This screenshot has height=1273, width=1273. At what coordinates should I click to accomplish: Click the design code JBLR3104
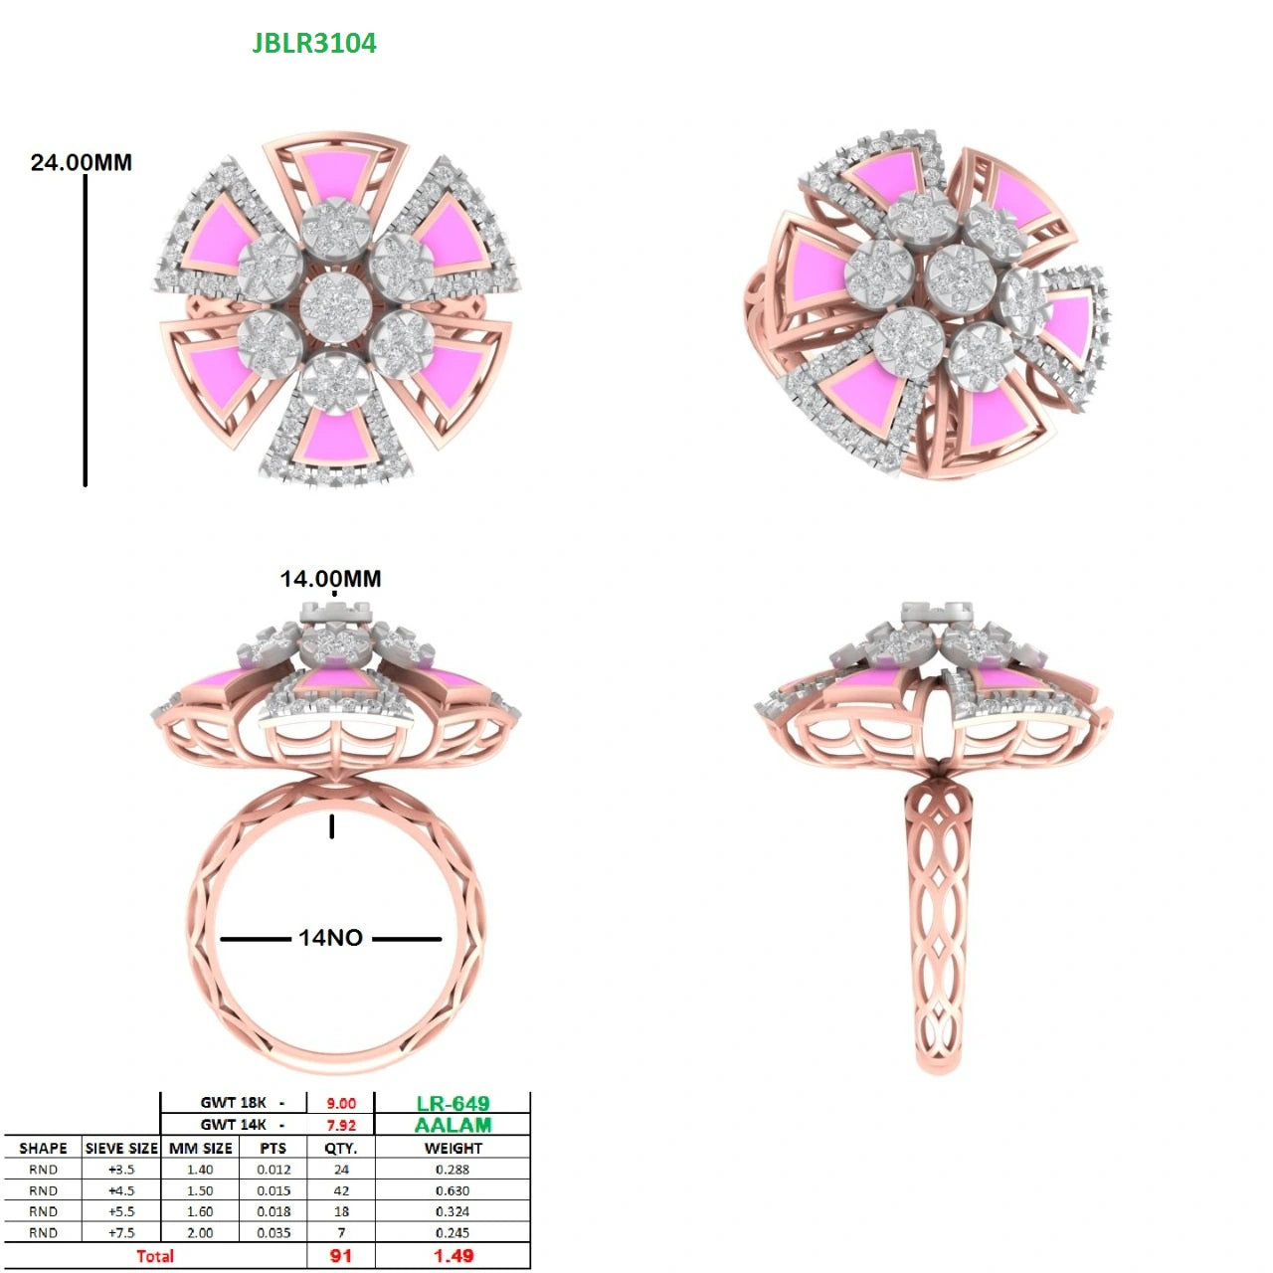pyautogui.click(x=314, y=43)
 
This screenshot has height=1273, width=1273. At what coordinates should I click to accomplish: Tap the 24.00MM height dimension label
pyautogui.click(x=82, y=162)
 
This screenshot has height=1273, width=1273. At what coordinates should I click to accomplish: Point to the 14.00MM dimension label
pyautogui.click(x=330, y=579)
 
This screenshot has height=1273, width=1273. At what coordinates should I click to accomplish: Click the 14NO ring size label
pyautogui.click(x=330, y=938)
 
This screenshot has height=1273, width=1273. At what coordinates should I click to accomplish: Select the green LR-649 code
pyautogui.click(x=453, y=1103)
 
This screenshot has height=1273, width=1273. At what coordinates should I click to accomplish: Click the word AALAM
pyautogui.click(x=454, y=1125)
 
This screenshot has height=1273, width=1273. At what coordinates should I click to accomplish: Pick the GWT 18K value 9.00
pyautogui.click(x=341, y=1103)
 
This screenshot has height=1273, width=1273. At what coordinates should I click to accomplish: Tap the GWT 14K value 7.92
pyautogui.click(x=341, y=1125)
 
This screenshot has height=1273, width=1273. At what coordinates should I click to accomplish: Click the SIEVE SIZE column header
pyautogui.click(x=121, y=1148)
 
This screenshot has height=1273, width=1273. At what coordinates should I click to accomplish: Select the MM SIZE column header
pyautogui.click(x=200, y=1148)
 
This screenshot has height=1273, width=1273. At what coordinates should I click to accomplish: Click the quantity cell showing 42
pyautogui.click(x=341, y=1190)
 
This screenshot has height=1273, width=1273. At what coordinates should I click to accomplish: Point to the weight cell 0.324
pyautogui.click(x=453, y=1211)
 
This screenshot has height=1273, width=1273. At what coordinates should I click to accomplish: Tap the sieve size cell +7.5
pyautogui.click(x=121, y=1232)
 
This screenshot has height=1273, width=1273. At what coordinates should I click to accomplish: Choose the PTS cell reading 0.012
pyautogui.click(x=273, y=1170)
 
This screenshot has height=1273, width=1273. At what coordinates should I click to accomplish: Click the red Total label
pyautogui.click(x=155, y=1256)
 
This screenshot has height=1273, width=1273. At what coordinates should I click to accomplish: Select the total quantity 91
pyautogui.click(x=341, y=1256)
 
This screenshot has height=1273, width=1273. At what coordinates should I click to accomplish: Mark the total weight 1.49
pyautogui.click(x=454, y=1256)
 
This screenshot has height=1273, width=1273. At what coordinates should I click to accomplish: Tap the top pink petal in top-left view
pyautogui.click(x=335, y=175)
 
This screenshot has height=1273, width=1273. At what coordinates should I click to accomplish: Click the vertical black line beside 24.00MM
pyautogui.click(x=86, y=330)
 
